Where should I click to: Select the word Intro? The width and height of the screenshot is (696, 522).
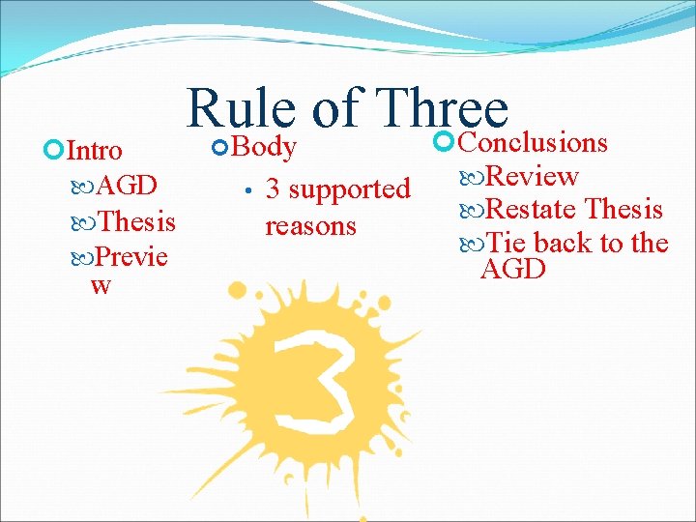(94, 151)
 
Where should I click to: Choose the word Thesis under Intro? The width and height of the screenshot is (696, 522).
(136, 221)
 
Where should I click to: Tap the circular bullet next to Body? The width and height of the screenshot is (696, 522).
(220, 148)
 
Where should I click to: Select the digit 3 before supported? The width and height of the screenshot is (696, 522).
(273, 188)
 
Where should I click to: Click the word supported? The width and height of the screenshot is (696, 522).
(350, 189)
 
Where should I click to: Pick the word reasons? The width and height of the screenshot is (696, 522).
(310, 225)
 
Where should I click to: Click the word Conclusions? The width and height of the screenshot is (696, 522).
(532, 143)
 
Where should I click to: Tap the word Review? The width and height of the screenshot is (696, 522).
(531, 176)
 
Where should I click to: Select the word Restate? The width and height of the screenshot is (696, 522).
(531, 209)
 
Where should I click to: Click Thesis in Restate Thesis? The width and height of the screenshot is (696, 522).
(624, 209)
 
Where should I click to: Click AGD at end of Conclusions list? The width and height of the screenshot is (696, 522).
(512, 269)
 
